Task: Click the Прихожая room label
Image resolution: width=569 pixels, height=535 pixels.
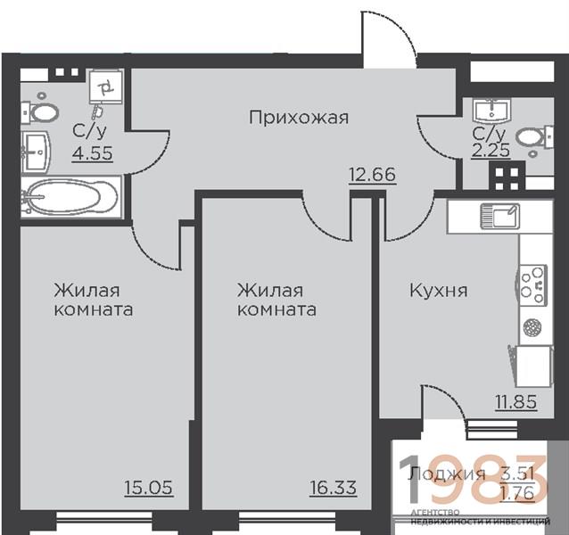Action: pyautogui.click(x=298, y=118)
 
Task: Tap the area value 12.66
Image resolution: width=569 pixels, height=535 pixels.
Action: pyautogui.click(x=372, y=175)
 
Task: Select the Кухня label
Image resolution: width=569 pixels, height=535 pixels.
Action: pyautogui.click(x=439, y=291)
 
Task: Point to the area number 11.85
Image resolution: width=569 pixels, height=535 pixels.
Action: pyautogui.click(x=516, y=401)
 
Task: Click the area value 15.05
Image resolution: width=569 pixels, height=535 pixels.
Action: pyautogui.click(x=149, y=488)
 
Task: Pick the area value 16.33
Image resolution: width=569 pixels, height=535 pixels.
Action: pyautogui.click(x=334, y=488)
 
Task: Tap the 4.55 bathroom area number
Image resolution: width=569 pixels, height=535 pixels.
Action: pyautogui.click(x=92, y=153)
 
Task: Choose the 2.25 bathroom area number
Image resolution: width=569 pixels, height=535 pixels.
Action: pyautogui.click(x=491, y=150)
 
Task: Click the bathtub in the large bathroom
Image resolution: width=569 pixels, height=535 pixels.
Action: pyautogui.click(x=70, y=197)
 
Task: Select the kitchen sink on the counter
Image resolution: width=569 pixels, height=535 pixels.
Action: pyautogui.click(x=500, y=216)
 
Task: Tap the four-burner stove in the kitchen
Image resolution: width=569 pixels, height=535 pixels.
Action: pyautogui.click(x=532, y=284)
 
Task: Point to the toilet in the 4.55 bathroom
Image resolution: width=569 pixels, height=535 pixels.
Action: pyautogui.click(x=40, y=113)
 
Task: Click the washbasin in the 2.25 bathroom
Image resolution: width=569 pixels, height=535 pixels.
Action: pyautogui.click(x=491, y=110)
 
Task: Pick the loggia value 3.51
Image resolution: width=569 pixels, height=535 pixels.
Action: pyautogui.click(x=516, y=473)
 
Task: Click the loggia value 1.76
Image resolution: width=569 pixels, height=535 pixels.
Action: pyautogui.click(x=516, y=493)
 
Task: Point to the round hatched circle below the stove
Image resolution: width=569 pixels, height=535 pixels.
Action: pyautogui.click(x=532, y=326)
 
